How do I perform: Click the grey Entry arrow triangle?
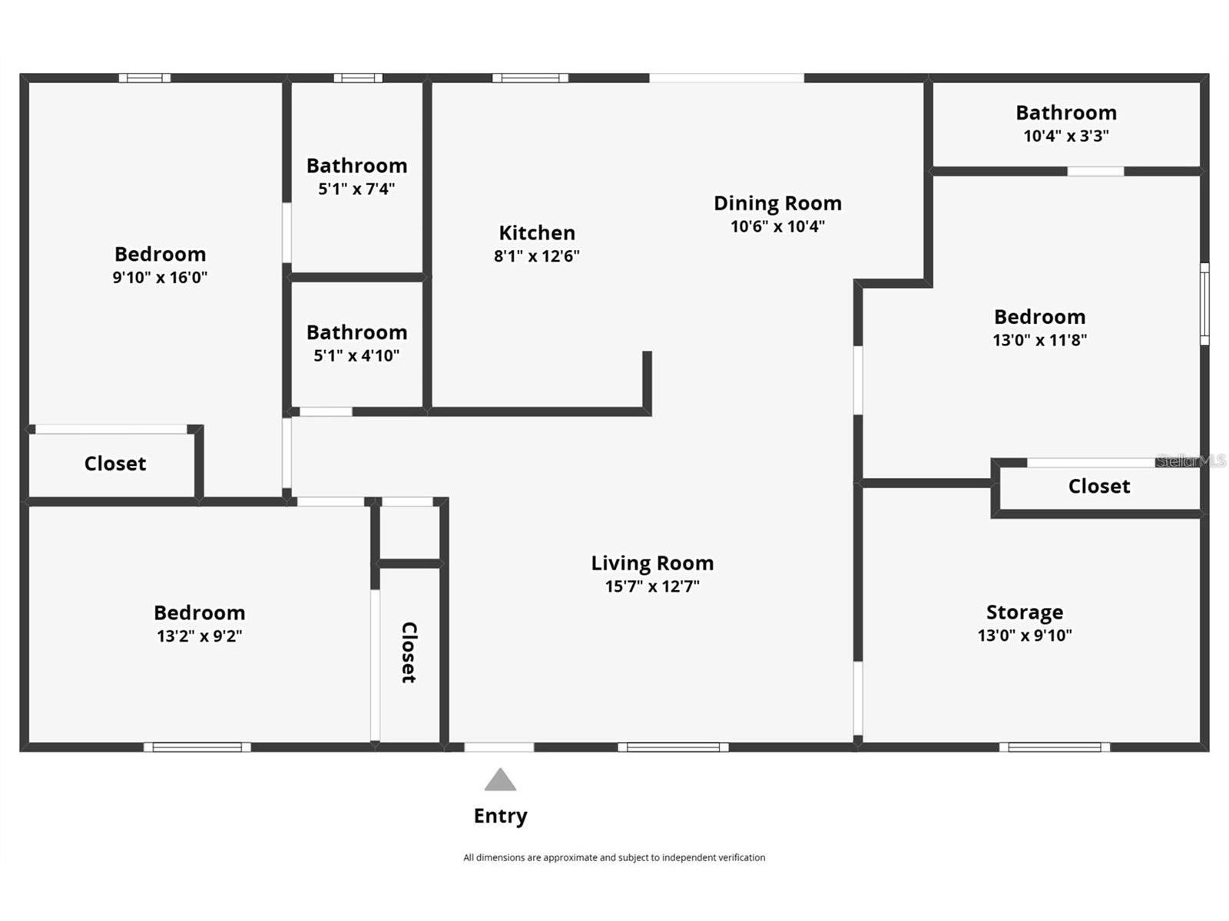tap(500, 781)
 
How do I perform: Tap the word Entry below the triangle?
tap(500, 816)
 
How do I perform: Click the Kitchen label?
tap(536, 233)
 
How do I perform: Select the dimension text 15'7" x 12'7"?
tap(652, 586)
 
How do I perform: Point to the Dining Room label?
tap(777, 203)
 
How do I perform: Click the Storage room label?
tap(1025, 612)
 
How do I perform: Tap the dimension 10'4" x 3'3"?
tap(1065, 136)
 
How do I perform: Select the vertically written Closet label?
tap(409, 652)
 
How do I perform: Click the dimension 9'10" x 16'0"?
tap(160, 277)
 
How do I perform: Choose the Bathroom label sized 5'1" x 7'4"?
tap(356, 166)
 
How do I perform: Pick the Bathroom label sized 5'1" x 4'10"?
tap(356, 332)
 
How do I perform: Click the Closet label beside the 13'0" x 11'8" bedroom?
tap(1098, 487)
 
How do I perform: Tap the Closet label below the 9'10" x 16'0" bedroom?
tap(115, 464)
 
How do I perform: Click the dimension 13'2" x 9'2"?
tap(199, 635)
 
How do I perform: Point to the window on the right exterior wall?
tap(1204, 304)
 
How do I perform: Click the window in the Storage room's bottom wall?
tap(1054, 747)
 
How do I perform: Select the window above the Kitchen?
tap(530, 78)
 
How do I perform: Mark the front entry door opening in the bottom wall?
tap(499, 747)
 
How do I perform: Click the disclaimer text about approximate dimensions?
tap(614, 857)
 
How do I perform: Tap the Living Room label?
tap(652, 563)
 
